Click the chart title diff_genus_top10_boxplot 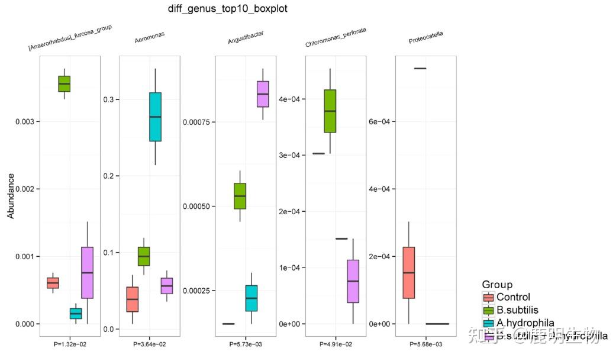point(228,9)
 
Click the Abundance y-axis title point(11,196)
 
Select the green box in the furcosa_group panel point(64,83)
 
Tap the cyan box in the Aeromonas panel point(155,117)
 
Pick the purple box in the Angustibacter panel point(263,94)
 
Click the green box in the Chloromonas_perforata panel point(330,111)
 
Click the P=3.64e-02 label point(149,344)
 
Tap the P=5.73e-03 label point(245,344)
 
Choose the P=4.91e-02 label point(336,344)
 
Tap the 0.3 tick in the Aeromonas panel point(111,99)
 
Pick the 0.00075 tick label point(199,122)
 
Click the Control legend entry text point(513,297)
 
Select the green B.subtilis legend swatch point(488,310)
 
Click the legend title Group point(497,285)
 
